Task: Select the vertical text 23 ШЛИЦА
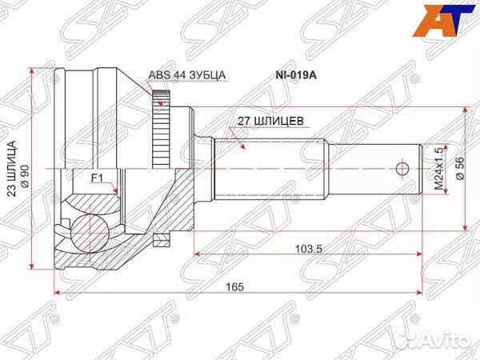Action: [x=12, y=169]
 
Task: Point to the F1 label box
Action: [x=96, y=177]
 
